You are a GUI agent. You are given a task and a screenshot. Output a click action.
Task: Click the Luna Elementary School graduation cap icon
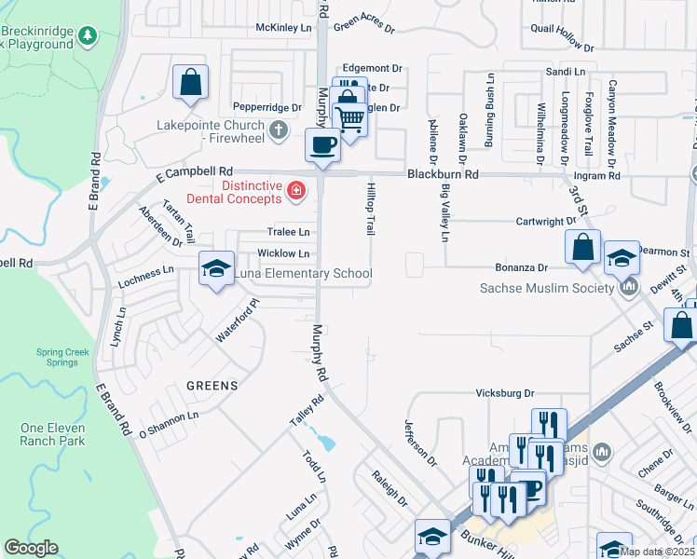pyautogui.click(x=216, y=269)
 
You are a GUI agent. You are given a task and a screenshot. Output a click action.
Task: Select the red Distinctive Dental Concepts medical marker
pyautogui.click(x=296, y=192)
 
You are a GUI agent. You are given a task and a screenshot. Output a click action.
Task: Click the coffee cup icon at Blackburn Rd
pyautogui.click(x=323, y=145)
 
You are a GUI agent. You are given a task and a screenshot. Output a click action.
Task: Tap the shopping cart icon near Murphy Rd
pyautogui.click(x=349, y=118)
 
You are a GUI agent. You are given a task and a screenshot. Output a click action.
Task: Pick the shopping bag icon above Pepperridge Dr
pyautogui.click(x=190, y=81)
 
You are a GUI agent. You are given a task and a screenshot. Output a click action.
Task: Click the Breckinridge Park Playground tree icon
pyautogui.click(x=88, y=36)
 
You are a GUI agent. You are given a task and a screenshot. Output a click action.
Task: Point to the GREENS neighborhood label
pyautogui.click(x=212, y=385)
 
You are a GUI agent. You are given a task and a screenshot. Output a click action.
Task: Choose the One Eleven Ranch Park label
pyautogui.click(x=52, y=434)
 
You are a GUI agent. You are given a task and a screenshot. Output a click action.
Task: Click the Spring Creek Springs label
pyautogui.click(x=62, y=358)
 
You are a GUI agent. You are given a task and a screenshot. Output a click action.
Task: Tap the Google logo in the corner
pyautogui.click(x=31, y=548)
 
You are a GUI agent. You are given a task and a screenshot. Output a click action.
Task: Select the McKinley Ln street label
pyautogui.click(x=284, y=28)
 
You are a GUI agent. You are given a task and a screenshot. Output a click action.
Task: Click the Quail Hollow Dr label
pyautogui.click(x=562, y=36)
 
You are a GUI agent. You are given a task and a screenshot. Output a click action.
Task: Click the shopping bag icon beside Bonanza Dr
pyautogui.click(x=582, y=248)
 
